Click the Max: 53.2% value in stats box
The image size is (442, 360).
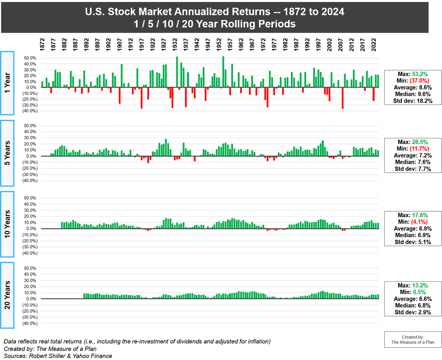pos(413,74)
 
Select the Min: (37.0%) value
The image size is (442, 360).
pos(413,81)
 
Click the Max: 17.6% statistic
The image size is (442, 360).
pos(413,215)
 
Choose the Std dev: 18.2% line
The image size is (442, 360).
pos(413,101)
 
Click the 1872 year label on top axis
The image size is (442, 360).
pos(42,45)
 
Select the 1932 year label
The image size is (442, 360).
pos(175,45)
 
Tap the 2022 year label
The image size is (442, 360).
pos(374,45)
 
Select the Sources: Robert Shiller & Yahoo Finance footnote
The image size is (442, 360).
pos(58,356)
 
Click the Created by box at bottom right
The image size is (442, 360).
pos(413,340)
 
